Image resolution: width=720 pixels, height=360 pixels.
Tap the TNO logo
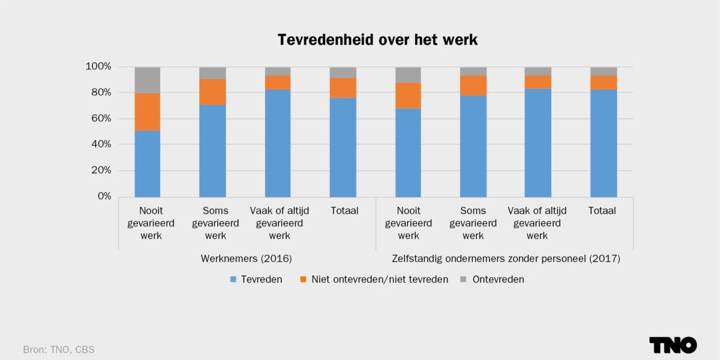673,345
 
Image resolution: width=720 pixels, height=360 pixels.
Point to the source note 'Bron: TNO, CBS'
59,349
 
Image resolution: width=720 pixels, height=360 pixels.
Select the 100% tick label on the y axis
97,66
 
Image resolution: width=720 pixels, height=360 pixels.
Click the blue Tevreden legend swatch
233,280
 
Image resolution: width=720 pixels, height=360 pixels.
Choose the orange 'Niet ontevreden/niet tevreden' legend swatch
304,280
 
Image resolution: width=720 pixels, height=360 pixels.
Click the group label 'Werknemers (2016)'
246,259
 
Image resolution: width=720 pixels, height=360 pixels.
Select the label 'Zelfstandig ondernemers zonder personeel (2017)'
505,259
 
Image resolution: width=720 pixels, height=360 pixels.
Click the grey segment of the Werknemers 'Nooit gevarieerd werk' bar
147,80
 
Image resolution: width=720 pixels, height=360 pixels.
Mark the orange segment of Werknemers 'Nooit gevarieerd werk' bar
147,112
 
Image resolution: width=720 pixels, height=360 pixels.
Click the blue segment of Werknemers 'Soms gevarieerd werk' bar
212,151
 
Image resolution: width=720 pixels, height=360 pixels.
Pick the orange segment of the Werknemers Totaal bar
343,88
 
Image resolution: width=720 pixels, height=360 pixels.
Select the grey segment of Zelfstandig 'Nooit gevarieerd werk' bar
408,74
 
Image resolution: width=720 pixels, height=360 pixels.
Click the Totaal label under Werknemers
343,211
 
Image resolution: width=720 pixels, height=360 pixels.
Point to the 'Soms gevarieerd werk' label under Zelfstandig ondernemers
473,223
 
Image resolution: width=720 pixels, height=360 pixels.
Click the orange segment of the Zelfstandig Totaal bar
603,82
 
